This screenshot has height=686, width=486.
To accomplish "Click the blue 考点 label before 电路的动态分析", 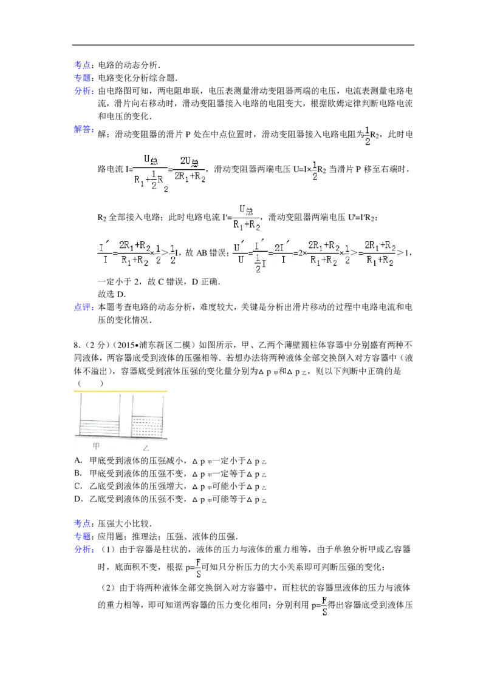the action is (82, 65).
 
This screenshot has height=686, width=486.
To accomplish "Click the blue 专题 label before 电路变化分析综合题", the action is (82, 78).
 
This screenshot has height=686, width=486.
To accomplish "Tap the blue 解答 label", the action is (82, 129).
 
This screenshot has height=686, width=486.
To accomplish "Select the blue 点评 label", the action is (82, 307).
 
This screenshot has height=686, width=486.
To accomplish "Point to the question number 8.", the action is (77, 345).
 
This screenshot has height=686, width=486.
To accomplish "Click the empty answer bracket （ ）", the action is (91, 384).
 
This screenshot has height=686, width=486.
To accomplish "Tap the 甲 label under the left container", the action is (97, 446).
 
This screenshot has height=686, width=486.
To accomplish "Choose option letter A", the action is (78, 460).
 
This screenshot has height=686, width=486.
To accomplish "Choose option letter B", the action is (78, 473).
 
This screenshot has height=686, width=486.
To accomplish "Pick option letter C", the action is (78, 486).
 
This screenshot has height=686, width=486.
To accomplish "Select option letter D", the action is (78, 499).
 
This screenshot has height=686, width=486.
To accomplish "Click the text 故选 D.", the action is (112, 294).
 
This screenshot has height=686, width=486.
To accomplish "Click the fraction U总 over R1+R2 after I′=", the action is (247, 217).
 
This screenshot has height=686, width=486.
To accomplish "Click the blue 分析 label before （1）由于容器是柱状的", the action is (82, 550).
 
